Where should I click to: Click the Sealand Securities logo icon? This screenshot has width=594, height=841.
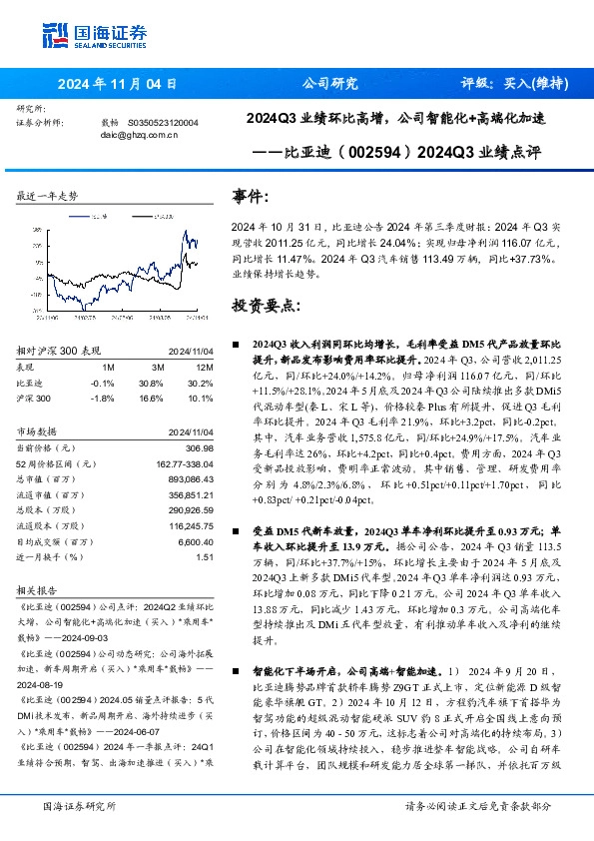click(53, 33)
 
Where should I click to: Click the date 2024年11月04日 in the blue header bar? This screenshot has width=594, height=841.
click(118, 84)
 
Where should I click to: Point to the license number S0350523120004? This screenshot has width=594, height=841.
click(163, 122)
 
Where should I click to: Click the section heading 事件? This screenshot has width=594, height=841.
click(250, 197)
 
